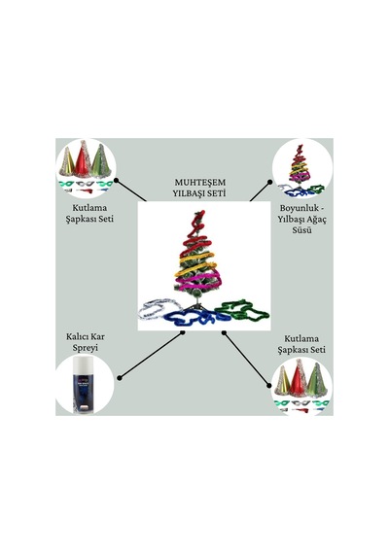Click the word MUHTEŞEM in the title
(199, 183)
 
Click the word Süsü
(302, 230)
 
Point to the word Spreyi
(86, 348)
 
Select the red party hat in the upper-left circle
(83, 160)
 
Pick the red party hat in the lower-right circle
(299, 378)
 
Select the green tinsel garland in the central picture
(242, 310)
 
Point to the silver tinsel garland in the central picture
(155, 308)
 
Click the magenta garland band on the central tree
(198, 280)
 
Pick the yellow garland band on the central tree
(195, 263)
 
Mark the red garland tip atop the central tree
(199, 215)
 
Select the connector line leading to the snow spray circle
(151, 355)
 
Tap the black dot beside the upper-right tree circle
(269, 182)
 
